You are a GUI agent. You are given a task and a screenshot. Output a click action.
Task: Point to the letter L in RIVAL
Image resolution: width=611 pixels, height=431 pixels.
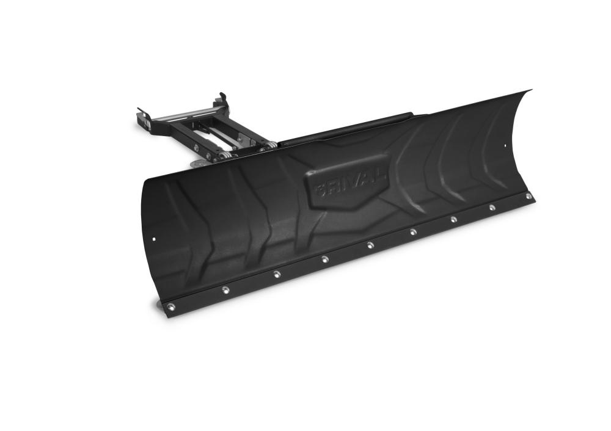click(382, 176)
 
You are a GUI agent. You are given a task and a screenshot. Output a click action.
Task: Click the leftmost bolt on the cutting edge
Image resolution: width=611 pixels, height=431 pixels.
click(170, 306)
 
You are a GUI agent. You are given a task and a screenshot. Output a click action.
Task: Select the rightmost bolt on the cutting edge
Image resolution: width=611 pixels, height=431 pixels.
click(529, 196)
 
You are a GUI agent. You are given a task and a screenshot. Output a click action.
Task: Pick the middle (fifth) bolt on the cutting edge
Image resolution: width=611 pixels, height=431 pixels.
click(370, 245)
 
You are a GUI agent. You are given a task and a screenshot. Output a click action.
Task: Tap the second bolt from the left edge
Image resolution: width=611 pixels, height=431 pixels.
click(225, 289)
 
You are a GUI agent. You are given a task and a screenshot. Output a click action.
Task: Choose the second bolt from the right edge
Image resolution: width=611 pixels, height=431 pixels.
click(492, 208)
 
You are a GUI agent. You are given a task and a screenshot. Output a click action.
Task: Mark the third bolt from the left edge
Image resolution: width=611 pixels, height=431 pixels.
click(277, 273)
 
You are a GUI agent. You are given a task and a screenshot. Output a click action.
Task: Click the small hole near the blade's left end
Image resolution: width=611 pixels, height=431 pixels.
click(154, 239)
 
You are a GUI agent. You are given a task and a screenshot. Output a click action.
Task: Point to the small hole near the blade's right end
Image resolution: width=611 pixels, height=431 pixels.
click(505, 146)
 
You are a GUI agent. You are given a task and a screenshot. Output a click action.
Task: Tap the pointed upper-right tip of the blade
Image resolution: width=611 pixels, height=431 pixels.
click(529, 91)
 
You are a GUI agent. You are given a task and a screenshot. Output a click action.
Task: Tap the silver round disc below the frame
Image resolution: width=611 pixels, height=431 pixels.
click(197, 163)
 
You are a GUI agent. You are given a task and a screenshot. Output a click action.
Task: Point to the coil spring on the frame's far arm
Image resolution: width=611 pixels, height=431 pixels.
click(265, 147)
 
